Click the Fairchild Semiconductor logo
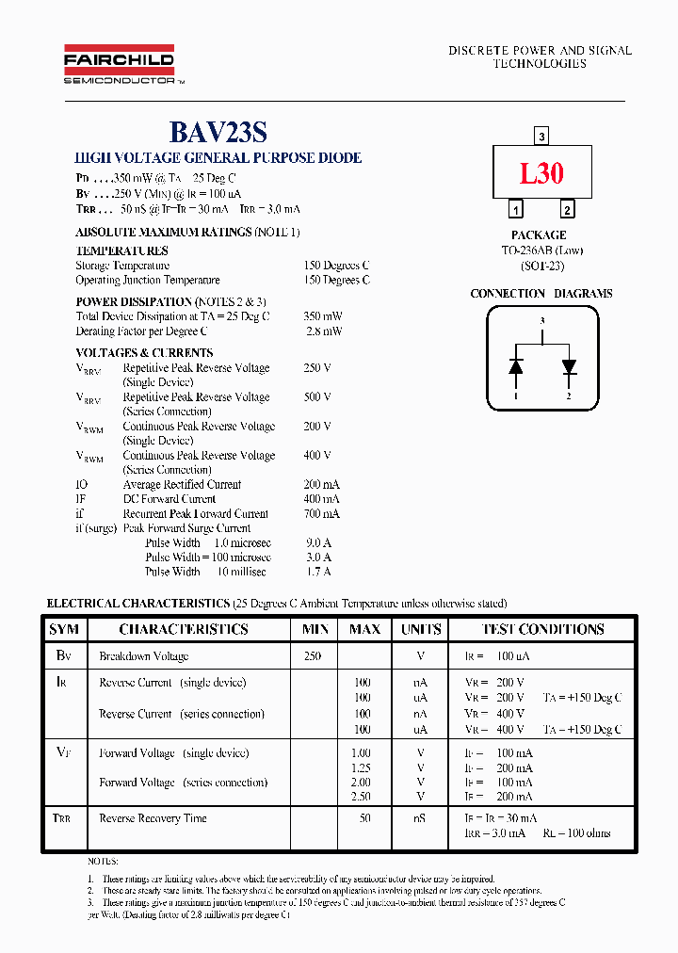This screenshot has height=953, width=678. coord(119,65)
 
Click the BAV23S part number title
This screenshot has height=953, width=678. coord(218,133)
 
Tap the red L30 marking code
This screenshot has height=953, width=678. coord(541,173)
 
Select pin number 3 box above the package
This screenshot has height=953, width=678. coord(541,137)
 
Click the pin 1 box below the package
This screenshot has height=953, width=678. coord(516,210)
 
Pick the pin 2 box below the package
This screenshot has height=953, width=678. coord(567,210)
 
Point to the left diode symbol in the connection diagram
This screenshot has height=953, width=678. coord(516,366)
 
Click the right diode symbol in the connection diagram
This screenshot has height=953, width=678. coord(568,366)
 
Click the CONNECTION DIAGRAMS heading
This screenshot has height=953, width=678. coord(541,294)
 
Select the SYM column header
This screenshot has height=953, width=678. coord(64,629)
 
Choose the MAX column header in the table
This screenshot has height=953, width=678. coord(364,629)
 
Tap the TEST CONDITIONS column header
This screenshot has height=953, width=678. coord(542,629)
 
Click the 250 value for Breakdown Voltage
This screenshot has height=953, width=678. coord(313,656)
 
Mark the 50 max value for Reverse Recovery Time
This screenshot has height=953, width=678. coord(363,818)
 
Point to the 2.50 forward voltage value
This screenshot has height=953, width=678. coord(362,798)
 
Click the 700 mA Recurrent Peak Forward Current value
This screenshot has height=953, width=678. coord(322,514)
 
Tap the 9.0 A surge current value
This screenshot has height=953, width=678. coord(319,543)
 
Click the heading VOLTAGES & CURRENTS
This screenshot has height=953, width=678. coord(144,353)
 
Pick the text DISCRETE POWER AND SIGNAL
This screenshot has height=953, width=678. coord(540,50)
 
